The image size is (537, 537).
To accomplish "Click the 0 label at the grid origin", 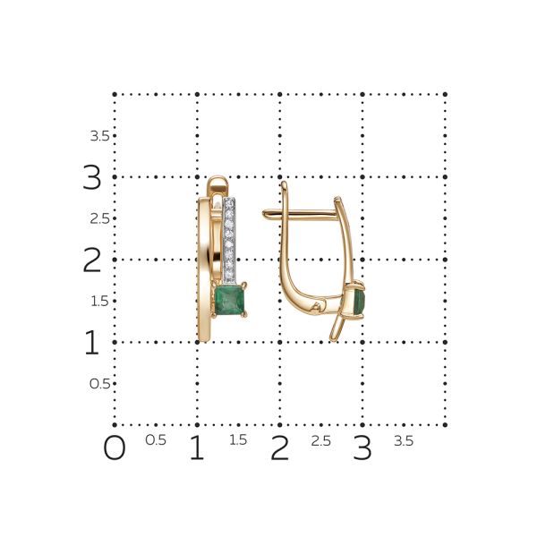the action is (115, 447).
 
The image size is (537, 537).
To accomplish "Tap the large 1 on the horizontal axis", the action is (197, 447).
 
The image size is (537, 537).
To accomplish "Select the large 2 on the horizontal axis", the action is (279, 447).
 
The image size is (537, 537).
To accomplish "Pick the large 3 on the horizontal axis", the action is (362, 447).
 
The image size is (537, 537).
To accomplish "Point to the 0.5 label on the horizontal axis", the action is (156, 440).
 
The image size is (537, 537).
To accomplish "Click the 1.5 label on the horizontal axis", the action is (238, 440).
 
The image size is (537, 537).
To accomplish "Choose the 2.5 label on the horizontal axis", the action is (321, 440).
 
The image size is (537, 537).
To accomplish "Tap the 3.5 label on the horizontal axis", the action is (404, 440).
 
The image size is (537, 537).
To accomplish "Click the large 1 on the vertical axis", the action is (92, 342).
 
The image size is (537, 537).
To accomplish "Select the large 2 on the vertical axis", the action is (92, 260).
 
